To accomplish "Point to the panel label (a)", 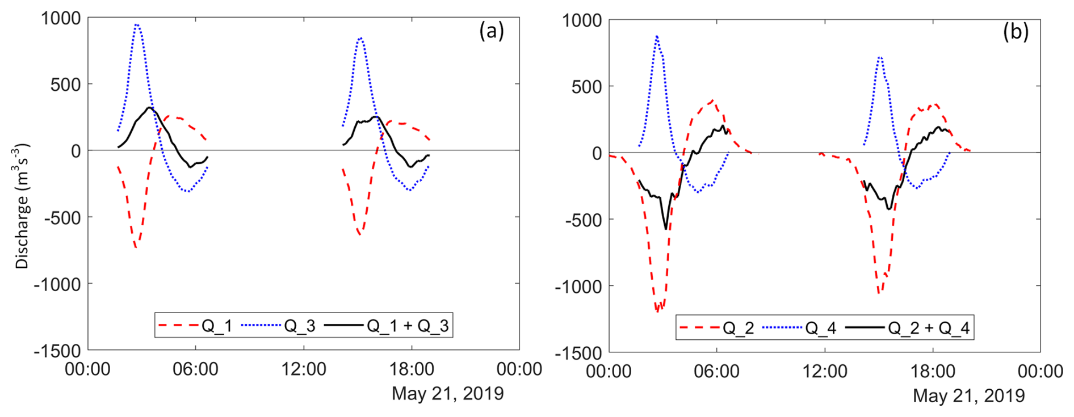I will coord(491,31).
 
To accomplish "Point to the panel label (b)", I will coord(1016,32).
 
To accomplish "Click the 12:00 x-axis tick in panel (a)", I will coord(304,369).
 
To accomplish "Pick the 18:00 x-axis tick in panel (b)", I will coord(933,372).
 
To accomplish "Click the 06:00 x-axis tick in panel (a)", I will coord(196,369).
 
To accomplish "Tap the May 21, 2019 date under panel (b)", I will coord(968,395).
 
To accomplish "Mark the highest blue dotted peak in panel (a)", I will coord(136,24).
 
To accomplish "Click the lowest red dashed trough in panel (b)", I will coord(657,311).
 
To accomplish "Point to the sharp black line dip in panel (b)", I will coord(666,229).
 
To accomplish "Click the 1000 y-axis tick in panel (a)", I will coord(61,18).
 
